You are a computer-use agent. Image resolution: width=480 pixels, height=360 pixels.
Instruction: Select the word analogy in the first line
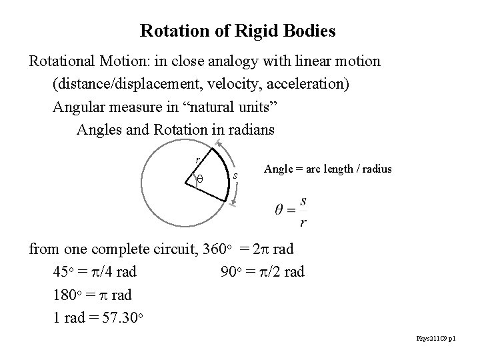[245, 61]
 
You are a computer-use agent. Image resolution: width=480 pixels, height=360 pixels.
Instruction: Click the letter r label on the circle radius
[197, 159]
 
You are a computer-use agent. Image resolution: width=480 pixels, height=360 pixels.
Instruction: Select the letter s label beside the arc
[236, 175]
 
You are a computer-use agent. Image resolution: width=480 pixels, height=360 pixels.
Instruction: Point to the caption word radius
[375, 169]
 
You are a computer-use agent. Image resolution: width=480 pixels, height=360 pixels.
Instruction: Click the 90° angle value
[227, 273]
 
